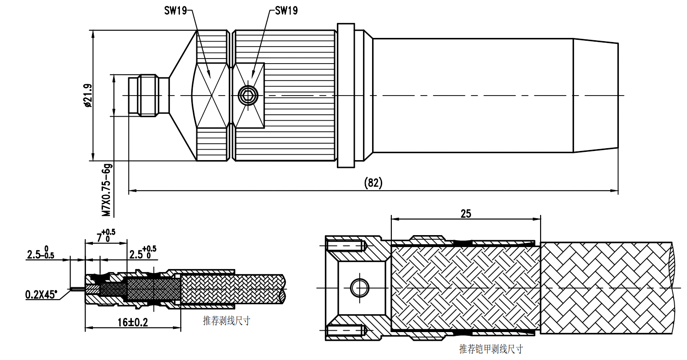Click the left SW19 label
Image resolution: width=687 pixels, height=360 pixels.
tap(175, 11)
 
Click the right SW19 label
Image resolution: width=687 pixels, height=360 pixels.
tap(286, 11)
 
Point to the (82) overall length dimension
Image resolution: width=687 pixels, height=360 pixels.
tap(373, 183)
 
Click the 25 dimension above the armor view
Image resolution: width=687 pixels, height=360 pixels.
tap(465, 213)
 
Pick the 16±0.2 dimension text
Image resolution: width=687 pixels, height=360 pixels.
tap(133, 322)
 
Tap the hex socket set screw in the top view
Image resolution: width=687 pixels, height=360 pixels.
tap(249, 96)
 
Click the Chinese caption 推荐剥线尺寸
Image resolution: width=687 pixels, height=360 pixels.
tap(227, 321)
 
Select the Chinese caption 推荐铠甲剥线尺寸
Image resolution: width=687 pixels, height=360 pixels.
tap(491, 349)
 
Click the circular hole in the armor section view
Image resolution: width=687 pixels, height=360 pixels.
tap(359, 288)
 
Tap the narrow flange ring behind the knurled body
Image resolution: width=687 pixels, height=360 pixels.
tap(346, 96)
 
